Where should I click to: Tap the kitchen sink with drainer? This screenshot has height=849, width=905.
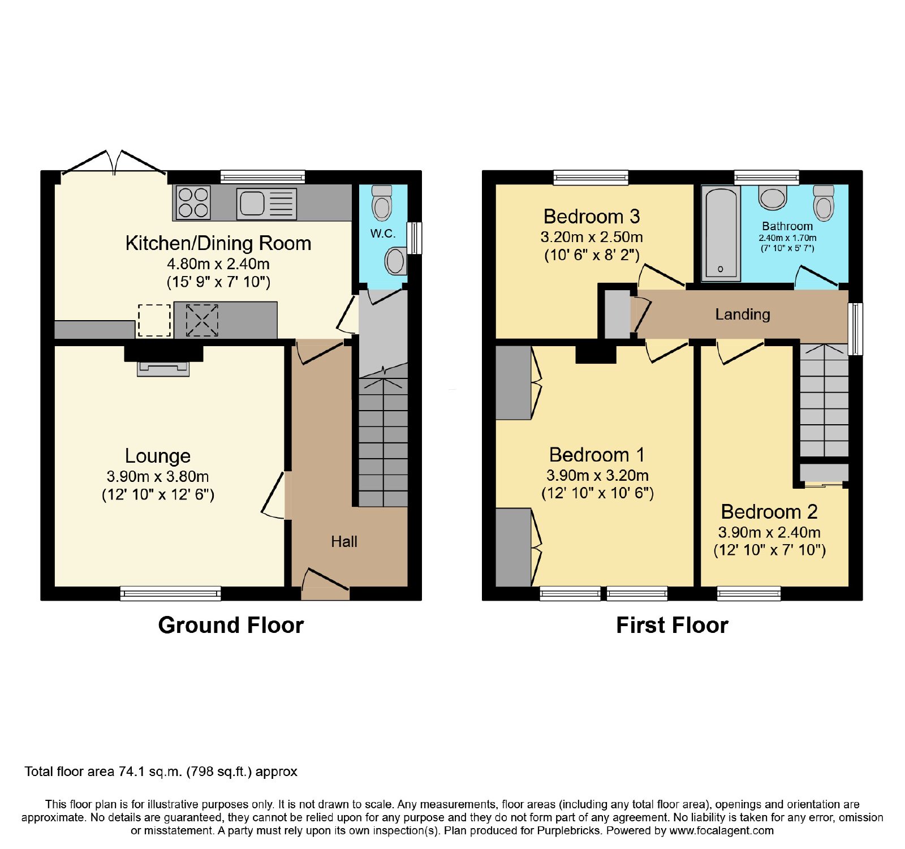click(266, 202)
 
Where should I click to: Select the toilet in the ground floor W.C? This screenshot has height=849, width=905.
click(382, 202)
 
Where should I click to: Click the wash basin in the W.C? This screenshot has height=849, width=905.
click(395, 261)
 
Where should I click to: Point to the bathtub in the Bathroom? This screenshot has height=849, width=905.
click(721, 233)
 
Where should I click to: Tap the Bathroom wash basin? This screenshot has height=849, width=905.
click(773, 197)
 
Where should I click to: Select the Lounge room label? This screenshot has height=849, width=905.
click(158, 456)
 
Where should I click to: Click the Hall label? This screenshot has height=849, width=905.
click(344, 542)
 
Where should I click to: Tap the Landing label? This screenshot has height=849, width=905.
click(743, 314)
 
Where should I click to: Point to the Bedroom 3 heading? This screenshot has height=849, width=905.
click(592, 217)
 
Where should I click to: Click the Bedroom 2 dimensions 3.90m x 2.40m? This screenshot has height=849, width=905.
click(769, 532)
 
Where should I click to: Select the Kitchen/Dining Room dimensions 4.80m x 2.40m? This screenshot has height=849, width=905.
click(218, 264)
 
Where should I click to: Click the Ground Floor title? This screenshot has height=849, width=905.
click(231, 626)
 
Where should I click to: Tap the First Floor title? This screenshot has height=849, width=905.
click(672, 626)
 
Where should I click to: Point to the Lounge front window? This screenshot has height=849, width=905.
click(170, 593)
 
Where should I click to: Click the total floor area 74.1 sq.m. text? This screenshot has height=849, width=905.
click(161, 772)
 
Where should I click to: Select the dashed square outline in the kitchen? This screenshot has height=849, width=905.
click(154, 320)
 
